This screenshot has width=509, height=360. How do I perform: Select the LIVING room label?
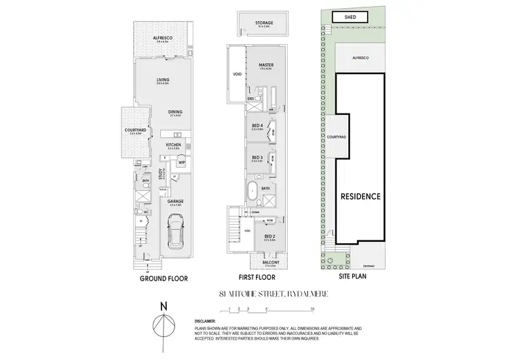[161, 79]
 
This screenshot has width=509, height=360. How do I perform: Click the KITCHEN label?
[173, 144]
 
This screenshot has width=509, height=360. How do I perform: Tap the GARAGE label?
[175, 201]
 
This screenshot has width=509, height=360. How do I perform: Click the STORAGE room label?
[264, 23]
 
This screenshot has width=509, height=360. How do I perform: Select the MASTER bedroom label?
[265, 65]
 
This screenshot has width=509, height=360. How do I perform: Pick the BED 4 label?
[257, 124]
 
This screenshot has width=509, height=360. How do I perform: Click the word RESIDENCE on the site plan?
[360, 196]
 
